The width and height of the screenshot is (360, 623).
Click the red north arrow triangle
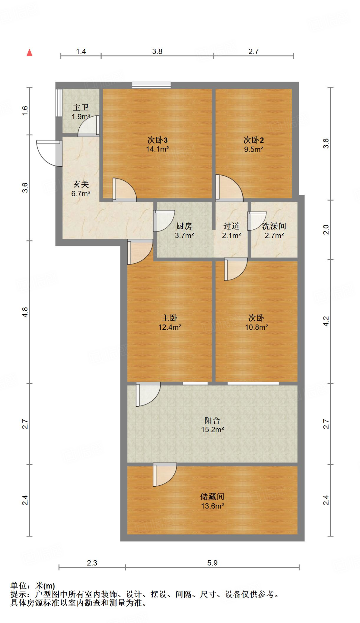click(29, 53)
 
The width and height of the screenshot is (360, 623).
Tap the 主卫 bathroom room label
click(81, 107)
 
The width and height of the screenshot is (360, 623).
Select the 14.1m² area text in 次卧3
click(157, 149)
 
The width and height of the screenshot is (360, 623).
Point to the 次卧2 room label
click(253, 140)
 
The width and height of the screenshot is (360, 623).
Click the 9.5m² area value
click(253, 149)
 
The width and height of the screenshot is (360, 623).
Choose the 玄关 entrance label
click(81, 184)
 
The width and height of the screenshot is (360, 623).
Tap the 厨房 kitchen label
click(184, 226)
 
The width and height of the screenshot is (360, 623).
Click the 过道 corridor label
click(231, 226)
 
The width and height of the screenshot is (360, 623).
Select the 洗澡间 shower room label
click(274, 226)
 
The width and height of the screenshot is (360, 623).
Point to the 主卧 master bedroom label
click(170, 318)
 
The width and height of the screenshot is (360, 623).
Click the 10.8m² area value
click(256, 327)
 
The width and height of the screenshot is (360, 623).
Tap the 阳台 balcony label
click(212, 420)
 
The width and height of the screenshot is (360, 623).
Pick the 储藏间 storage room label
click(212, 496)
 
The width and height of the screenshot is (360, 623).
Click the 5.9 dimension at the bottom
click(212, 563)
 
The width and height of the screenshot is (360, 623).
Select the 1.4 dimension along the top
click(81, 51)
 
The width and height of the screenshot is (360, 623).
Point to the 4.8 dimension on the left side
click(25, 312)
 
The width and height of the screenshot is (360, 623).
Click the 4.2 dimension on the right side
click(326, 321)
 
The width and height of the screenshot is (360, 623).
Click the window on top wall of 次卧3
click(151, 85)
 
